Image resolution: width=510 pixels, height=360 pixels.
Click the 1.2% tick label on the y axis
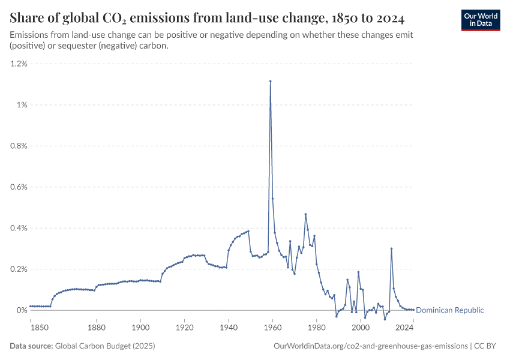(19, 64)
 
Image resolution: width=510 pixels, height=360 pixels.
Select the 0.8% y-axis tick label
(19, 146)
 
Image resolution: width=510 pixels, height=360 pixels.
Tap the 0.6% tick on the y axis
(19, 187)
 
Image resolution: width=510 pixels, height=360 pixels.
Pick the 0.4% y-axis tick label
(19, 228)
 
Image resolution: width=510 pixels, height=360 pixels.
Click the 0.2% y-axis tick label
(19, 269)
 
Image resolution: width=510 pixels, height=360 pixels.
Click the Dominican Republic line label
(449, 310)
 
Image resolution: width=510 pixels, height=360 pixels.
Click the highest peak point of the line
(271, 81)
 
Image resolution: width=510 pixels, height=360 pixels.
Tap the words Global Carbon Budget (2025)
(110, 346)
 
